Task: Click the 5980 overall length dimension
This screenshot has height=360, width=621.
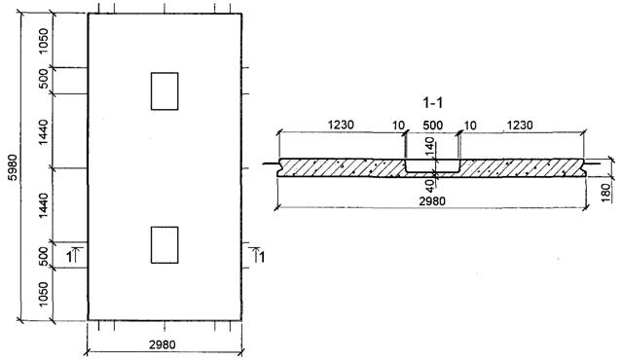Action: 13,167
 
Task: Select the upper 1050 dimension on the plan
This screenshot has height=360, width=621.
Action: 44,41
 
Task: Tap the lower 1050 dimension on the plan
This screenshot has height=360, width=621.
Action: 44,294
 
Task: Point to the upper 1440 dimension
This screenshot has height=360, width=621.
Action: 44,132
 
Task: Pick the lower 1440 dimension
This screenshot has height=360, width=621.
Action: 44,205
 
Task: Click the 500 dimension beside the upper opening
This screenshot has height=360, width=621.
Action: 44,78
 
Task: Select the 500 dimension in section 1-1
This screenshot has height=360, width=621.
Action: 432,126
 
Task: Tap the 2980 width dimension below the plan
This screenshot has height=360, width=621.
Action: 163,344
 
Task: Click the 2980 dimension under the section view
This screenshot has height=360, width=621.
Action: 432,201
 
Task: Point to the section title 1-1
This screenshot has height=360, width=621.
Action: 432,103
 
